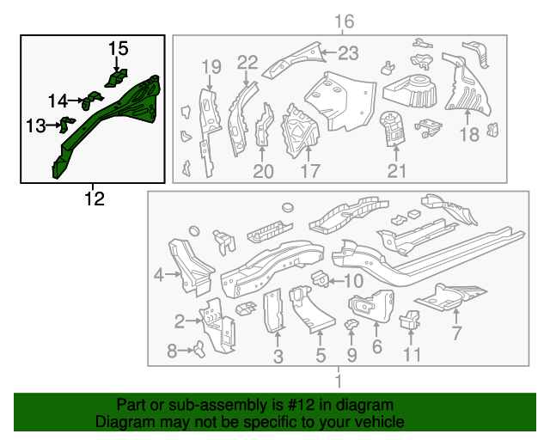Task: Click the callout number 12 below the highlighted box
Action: (x=94, y=199)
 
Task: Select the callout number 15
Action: (x=118, y=49)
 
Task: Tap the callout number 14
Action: (x=58, y=101)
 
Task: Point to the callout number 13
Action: (x=35, y=126)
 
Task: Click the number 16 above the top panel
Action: (x=344, y=21)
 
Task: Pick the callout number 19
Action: (x=211, y=67)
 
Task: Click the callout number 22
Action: (x=247, y=61)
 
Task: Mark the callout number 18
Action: (x=468, y=134)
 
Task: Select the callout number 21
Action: (x=396, y=171)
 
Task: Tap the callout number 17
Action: (x=309, y=171)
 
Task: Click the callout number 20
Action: (x=263, y=171)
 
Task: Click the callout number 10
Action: (x=353, y=282)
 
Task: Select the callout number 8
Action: (x=171, y=350)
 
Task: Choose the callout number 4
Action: (x=158, y=275)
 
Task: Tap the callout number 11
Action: (x=412, y=353)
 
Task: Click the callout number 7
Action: (x=457, y=333)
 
